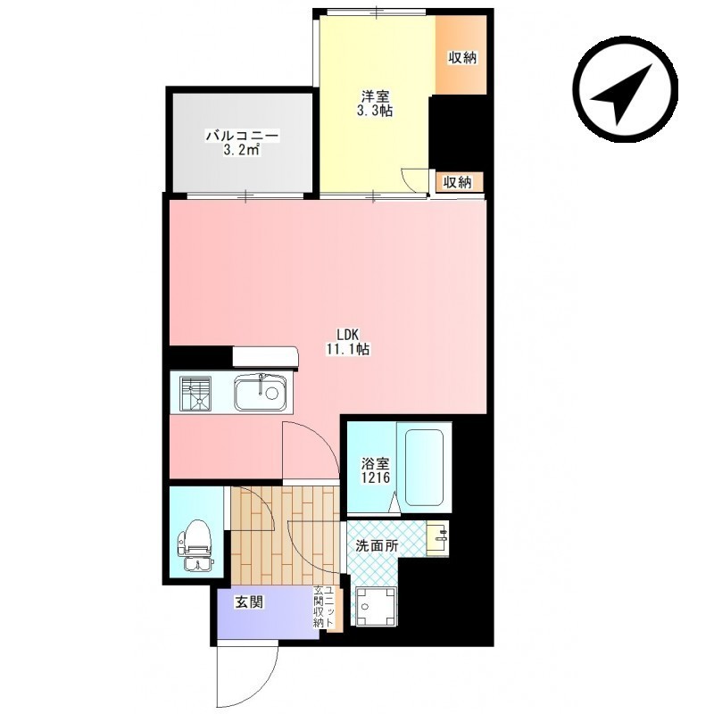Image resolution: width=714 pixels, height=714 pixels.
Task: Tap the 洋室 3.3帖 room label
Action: coord(375,104)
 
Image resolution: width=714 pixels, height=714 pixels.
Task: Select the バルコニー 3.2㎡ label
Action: coord(242,143)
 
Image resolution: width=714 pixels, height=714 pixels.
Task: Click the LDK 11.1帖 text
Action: coord(347,342)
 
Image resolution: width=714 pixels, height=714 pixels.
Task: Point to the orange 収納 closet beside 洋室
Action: coord(461,55)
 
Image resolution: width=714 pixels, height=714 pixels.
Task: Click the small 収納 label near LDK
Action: coord(457,182)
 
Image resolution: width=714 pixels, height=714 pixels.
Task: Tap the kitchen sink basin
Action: coord(260,392)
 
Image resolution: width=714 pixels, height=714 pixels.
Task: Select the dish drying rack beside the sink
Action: coord(195,394)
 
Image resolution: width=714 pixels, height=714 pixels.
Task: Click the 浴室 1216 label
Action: coord(376,471)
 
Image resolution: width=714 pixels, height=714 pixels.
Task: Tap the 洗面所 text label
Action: coord(377,546)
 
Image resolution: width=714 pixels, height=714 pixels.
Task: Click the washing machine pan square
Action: coord(376,607)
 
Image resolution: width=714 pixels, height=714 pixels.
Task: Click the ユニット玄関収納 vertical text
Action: coord(325,608)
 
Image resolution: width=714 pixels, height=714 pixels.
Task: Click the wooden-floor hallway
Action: coord(286,535)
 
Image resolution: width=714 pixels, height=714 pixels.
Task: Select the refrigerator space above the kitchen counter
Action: coord(265,356)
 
